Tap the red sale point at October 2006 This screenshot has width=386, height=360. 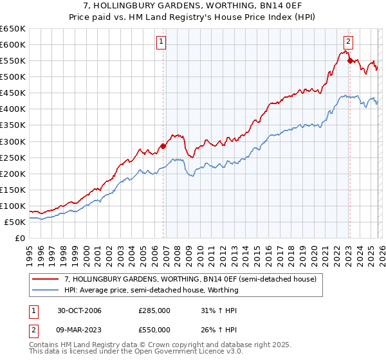pyautogui.click(x=163, y=146)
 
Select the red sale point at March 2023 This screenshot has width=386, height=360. pyautogui.click(x=349, y=60)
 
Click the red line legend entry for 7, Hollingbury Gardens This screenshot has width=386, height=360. pyautogui.click(x=190, y=280)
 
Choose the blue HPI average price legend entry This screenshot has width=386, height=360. pyautogui.click(x=151, y=290)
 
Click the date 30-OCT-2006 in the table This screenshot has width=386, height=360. pyautogui.click(x=79, y=310)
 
